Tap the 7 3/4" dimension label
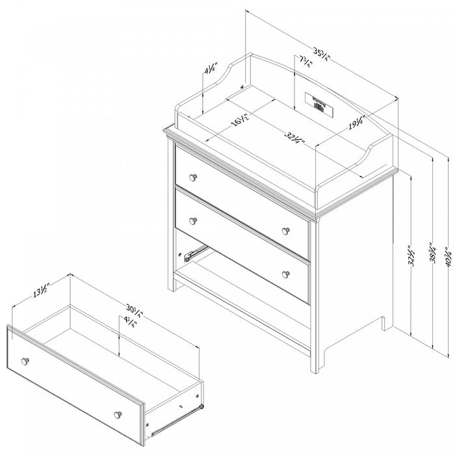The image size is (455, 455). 305,63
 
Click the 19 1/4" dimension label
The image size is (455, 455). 355,123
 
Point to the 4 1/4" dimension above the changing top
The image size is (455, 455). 208,70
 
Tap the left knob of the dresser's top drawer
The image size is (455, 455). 193,177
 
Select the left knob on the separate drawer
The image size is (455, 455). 26,361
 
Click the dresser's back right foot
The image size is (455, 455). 387,321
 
